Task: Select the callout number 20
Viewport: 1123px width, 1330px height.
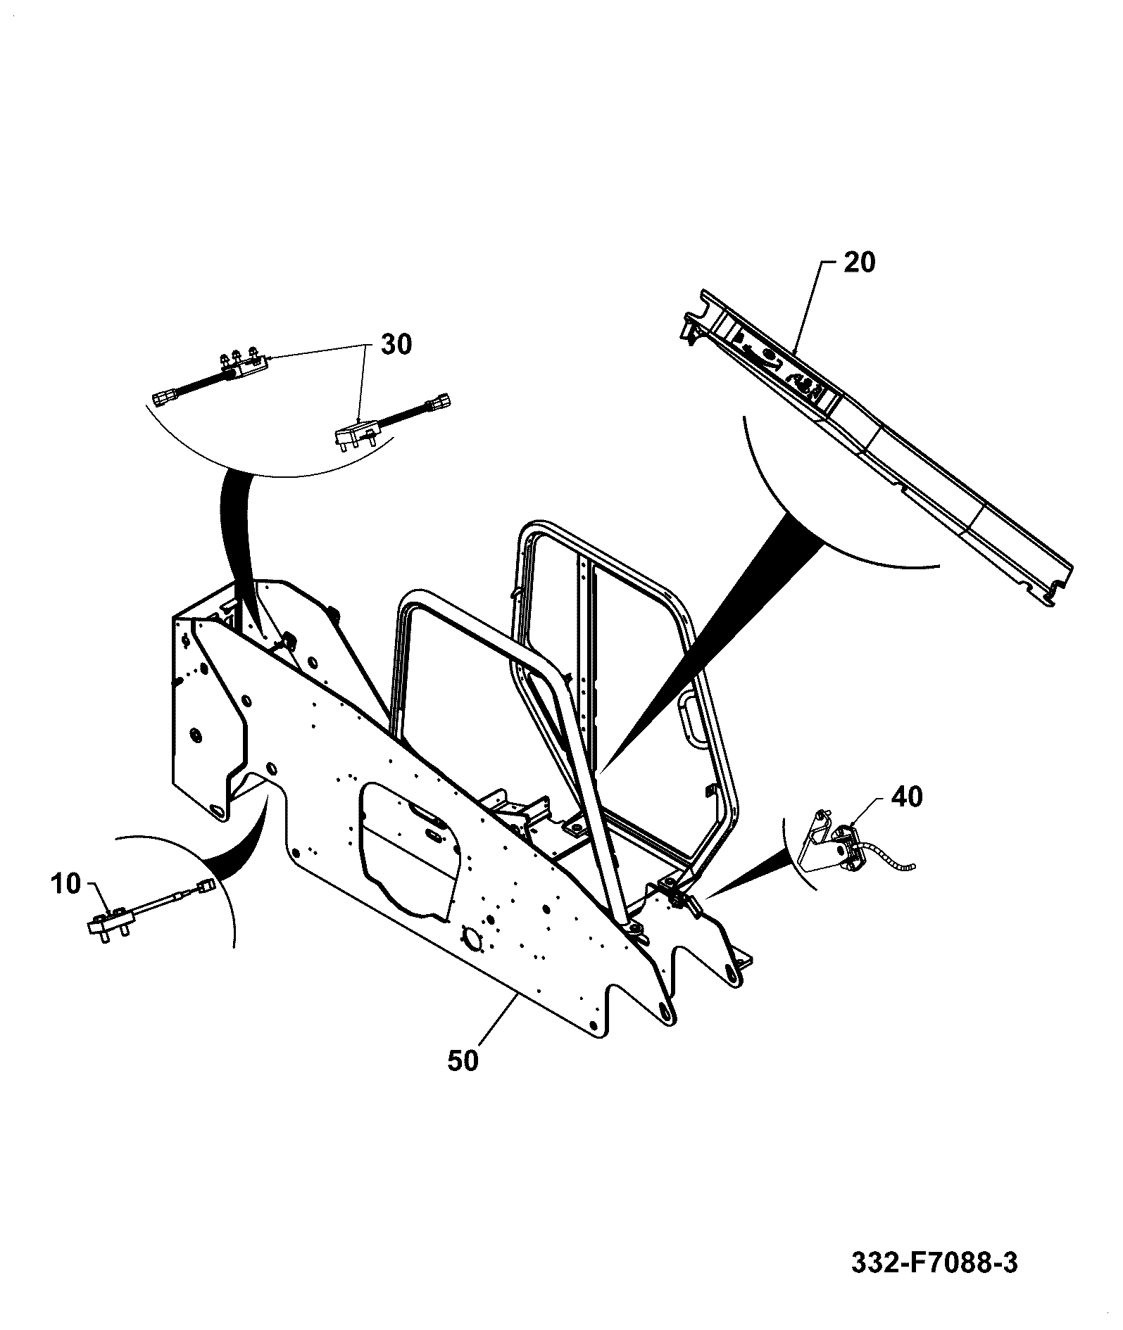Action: pos(859,262)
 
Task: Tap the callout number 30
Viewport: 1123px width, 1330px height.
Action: pos(396,345)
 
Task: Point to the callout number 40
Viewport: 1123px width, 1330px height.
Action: pos(907,797)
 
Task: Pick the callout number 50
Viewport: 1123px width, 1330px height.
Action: pos(463,1081)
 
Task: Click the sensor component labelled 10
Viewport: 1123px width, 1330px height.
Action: pos(151,911)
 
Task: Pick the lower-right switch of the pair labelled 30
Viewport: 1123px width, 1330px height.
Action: pos(391,423)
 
